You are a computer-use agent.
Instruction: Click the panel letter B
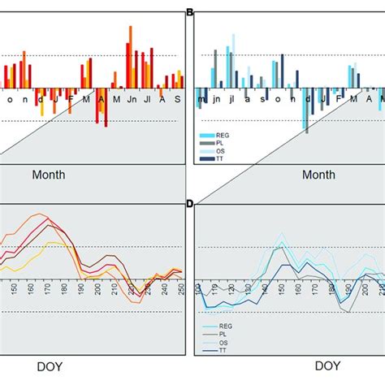coord(190,12)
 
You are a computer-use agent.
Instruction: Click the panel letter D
coord(190,203)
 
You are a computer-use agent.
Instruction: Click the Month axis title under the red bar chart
coord(49,175)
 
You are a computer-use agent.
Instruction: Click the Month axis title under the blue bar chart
coord(318,175)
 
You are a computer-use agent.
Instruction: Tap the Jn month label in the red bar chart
coord(131,99)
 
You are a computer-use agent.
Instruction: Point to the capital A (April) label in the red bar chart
coord(101,99)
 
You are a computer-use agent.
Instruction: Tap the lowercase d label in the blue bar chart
coord(308,99)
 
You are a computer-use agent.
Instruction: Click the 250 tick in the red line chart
coord(181,287)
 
